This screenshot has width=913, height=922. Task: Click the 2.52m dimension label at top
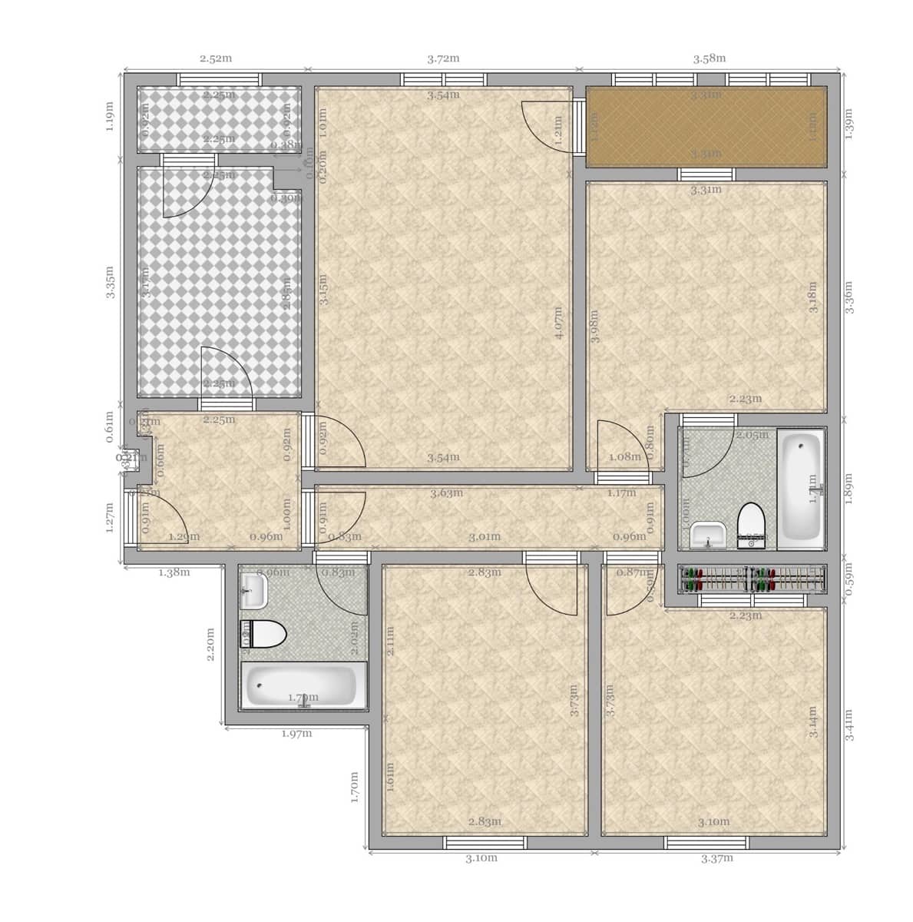(216, 58)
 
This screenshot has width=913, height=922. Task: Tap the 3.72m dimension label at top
(443, 58)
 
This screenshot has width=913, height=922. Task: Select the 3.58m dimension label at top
(710, 58)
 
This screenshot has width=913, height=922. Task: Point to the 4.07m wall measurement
(559, 323)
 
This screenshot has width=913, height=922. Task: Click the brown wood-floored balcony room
(706, 127)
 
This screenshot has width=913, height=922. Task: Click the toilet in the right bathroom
(749, 526)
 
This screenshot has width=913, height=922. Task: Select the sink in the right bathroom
(708, 534)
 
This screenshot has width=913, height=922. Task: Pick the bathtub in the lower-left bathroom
(303, 685)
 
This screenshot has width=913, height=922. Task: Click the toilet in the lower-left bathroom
(264, 635)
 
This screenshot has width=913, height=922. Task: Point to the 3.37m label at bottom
(717, 858)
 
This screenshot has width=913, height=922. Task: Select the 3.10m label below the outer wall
(481, 858)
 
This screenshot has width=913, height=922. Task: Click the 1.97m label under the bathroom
(296, 733)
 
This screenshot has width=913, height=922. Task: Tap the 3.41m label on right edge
(850, 725)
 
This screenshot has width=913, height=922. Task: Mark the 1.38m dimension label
(174, 572)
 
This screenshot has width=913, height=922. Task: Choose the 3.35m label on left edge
(109, 283)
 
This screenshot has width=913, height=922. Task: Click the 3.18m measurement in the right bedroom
(814, 295)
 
